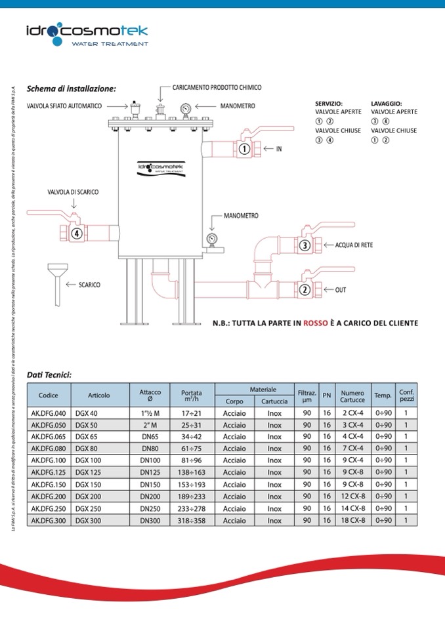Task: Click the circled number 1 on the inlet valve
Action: [244, 149]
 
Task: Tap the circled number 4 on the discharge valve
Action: [76, 232]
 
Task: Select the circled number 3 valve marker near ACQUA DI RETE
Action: [304, 245]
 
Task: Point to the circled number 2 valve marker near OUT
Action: [304, 289]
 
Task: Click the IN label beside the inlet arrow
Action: [279, 149]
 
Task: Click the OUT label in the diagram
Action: [341, 289]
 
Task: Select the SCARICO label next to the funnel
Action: [89, 285]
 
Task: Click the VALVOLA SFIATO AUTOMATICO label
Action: [64, 106]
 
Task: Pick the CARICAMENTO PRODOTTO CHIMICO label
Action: [217, 87]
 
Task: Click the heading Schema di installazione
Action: [71, 89]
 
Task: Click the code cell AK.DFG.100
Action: [49, 460]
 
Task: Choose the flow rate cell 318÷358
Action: [192, 520]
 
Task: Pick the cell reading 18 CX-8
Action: [352, 520]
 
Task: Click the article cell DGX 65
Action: [87, 436]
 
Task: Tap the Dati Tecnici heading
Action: [49, 375]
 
